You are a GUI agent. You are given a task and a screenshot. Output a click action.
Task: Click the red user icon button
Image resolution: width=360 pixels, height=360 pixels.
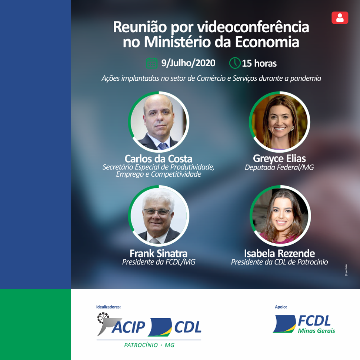[340, 18]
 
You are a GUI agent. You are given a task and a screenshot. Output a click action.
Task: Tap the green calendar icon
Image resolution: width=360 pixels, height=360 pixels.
[152, 63]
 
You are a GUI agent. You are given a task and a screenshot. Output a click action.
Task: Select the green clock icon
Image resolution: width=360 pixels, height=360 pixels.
[235, 63]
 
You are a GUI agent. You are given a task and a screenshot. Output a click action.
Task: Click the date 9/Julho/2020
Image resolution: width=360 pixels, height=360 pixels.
[188, 63]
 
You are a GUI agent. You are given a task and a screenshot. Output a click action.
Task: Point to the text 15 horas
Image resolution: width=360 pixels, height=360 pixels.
[259, 63]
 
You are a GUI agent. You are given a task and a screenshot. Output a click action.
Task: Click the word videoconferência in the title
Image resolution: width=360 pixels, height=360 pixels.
[253, 27]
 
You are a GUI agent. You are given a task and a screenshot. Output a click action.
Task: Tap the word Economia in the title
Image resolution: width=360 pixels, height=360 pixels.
[267, 42]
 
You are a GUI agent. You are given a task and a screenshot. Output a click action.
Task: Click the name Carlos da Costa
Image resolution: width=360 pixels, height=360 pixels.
[159, 159]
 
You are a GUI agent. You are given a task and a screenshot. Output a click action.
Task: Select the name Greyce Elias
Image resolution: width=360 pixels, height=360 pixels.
[279, 159]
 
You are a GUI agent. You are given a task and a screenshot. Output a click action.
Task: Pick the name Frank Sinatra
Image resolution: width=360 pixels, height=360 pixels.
[159, 253]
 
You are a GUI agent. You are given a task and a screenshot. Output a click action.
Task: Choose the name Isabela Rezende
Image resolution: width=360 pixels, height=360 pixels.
[279, 253]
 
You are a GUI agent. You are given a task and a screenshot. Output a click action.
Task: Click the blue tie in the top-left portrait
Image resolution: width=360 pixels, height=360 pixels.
[163, 146]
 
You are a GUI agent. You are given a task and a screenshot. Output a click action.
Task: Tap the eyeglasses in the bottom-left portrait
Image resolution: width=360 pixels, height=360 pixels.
[157, 212]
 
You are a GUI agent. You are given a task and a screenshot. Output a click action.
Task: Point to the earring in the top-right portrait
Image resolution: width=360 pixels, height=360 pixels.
[292, 128]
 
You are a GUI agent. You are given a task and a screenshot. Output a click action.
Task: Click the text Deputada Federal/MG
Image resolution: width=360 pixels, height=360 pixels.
[279, 167]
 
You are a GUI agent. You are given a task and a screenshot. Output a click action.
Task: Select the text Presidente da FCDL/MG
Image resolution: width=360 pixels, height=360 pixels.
[159, 262]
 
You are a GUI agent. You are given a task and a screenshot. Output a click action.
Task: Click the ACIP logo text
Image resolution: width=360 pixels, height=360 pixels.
[129, 327]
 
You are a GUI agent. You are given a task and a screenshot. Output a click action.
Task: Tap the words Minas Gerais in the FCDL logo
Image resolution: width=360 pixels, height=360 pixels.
[316, 331]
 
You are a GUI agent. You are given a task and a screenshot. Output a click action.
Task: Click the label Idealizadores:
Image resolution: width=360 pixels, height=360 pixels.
[109, 307]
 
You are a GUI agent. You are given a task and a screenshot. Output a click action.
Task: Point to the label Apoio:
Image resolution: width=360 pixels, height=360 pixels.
[281, 307]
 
